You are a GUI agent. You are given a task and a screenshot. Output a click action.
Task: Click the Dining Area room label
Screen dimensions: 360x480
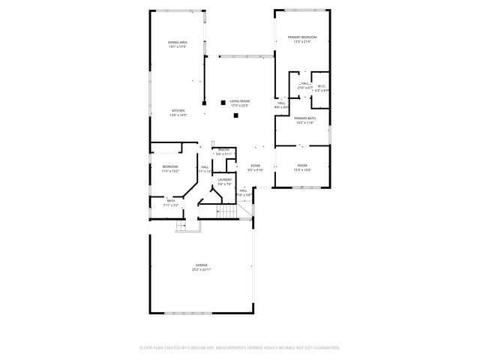click(x=177, y=42)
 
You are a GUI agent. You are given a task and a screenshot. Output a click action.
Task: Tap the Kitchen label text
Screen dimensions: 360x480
click(x=178, y=110)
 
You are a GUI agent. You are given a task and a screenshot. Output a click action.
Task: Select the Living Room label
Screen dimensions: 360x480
click(x=239, y=100)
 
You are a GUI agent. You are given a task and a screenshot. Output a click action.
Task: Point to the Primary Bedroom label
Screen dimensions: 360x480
click(x=304, y=37)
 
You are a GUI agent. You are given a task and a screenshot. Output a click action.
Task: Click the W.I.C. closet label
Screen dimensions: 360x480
click(x=321, y=85)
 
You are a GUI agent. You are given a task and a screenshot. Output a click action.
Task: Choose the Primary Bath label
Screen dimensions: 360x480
click(x=304, y=118)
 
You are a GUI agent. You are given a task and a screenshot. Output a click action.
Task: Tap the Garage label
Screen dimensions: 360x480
click(x=202, y=265)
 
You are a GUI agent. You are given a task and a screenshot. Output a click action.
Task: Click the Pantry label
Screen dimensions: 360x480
click(x=223, y=149)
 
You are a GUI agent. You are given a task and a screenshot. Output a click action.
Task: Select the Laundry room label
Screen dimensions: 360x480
click(x=224, y=179)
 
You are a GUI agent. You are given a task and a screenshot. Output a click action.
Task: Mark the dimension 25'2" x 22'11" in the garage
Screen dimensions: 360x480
click(x=202, y=269)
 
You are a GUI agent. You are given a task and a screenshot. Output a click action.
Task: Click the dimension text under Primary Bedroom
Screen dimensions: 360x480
click(x=304, y=41)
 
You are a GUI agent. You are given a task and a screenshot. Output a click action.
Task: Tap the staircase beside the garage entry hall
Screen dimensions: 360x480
click(x=229, y=213)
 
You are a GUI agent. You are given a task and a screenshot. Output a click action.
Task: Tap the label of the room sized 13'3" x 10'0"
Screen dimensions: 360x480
click(x=302, y=165)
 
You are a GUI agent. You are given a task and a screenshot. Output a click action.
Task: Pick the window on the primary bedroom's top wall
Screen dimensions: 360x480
click(x=303, y=10)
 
